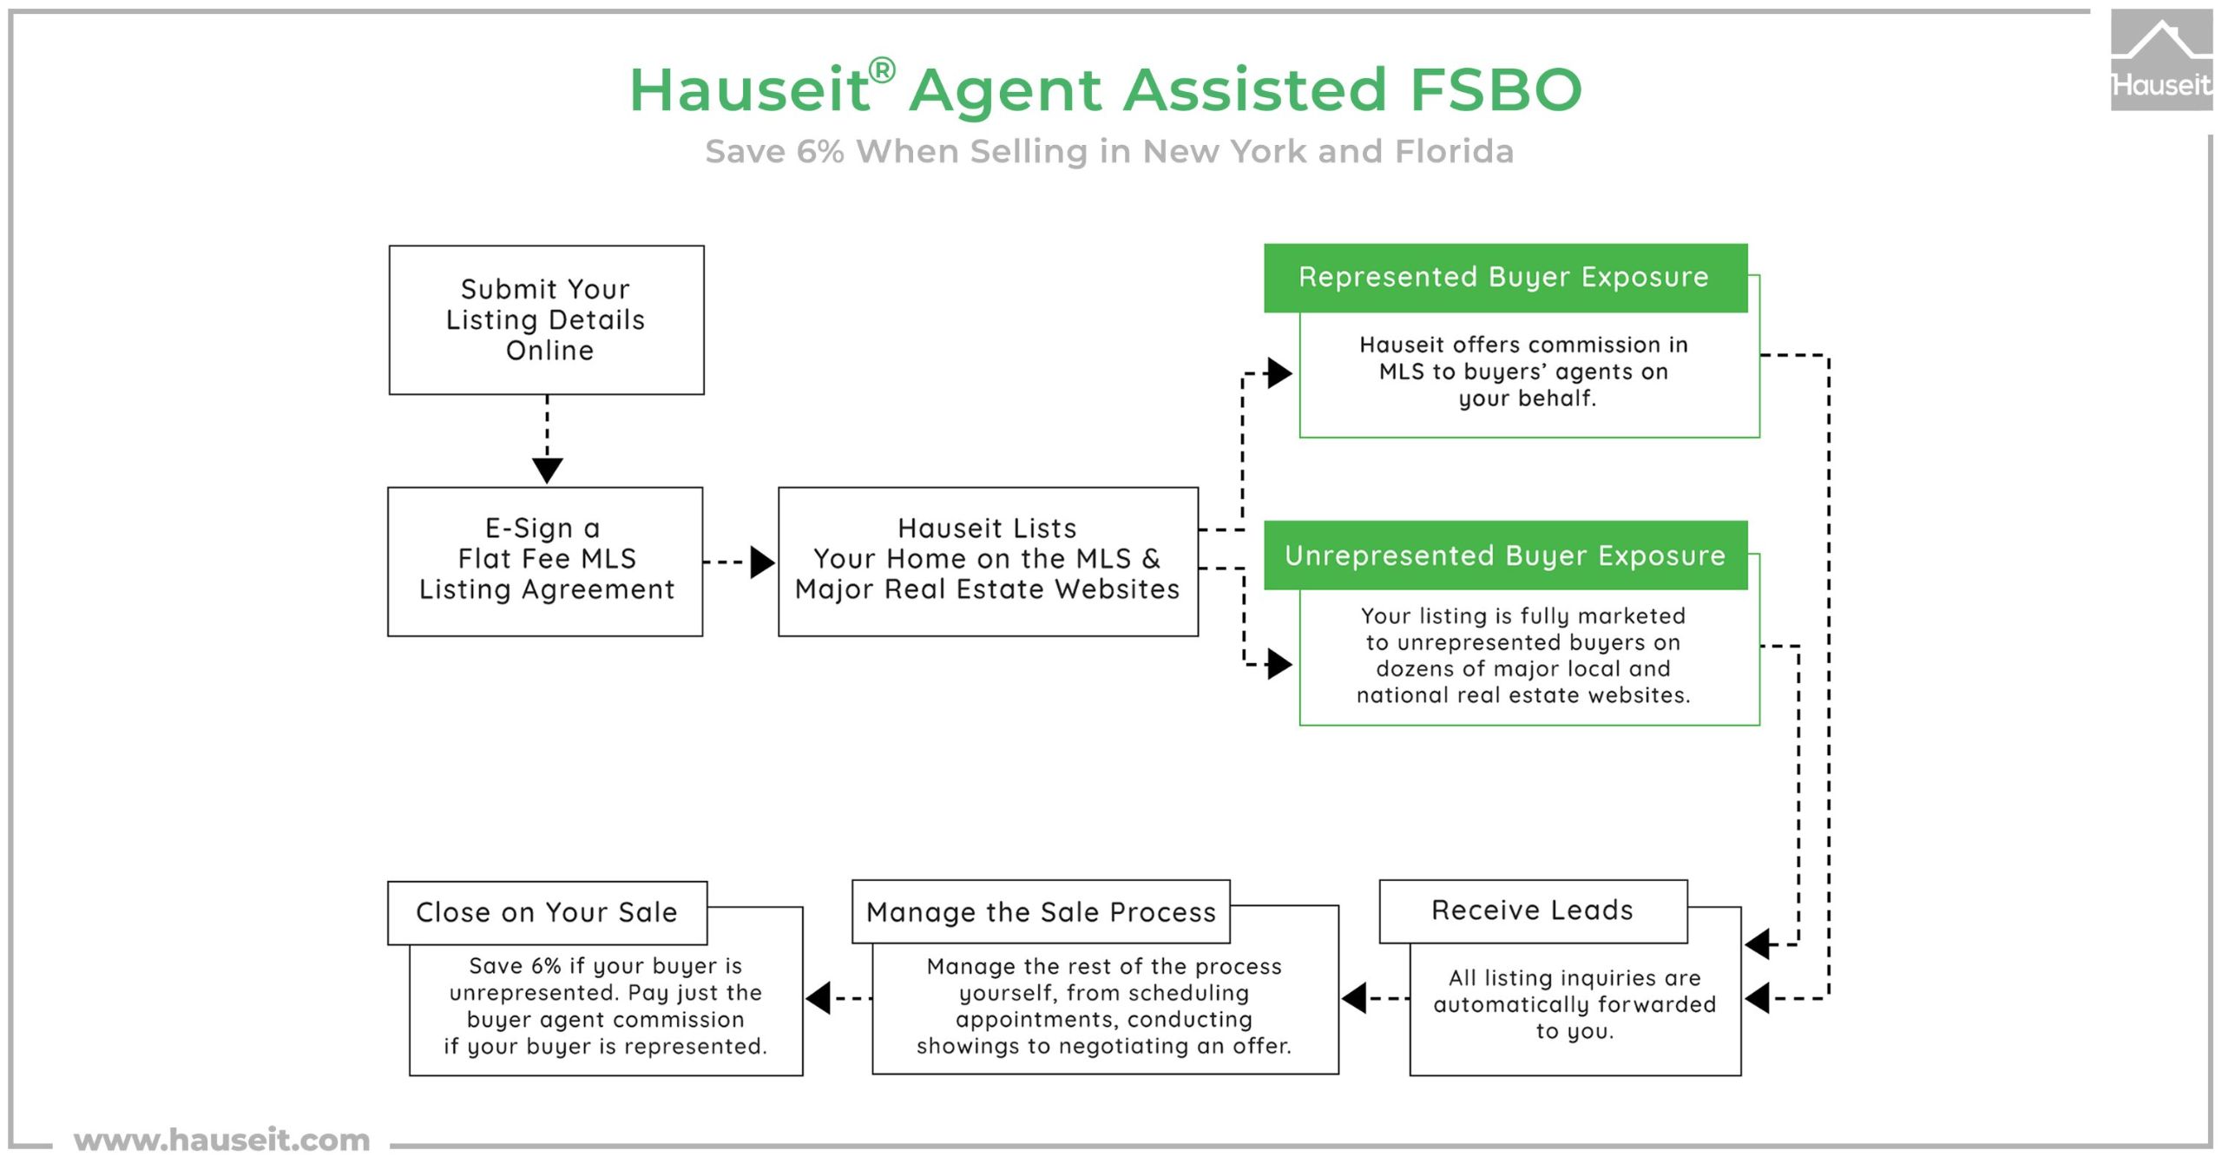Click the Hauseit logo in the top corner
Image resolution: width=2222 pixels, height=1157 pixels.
2161,61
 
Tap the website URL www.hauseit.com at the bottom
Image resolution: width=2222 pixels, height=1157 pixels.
222,1139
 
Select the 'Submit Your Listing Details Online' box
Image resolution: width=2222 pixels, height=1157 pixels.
546,320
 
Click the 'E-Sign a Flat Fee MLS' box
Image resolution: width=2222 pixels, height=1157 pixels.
545,562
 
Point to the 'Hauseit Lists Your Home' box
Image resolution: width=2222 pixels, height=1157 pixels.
988,562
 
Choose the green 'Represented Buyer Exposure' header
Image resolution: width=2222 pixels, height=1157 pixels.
1505,278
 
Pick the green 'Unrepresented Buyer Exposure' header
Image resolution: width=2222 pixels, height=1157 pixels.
1505,555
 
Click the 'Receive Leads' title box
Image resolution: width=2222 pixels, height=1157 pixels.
1533,911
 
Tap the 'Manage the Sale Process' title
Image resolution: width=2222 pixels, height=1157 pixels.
1041,912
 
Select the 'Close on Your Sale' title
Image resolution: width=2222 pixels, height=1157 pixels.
547,913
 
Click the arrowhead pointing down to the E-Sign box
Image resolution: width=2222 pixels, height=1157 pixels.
547,470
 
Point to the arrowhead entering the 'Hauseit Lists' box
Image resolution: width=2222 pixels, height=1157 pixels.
762,562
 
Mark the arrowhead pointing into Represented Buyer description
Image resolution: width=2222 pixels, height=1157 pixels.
1280,373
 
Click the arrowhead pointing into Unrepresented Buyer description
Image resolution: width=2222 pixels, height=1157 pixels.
1280,665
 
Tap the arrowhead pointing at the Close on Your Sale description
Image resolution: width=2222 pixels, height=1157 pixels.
818,998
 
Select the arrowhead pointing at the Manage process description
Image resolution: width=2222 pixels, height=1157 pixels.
1355,998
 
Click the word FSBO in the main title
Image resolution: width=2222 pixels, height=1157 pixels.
1496,89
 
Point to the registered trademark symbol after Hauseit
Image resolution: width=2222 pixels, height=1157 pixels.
882,70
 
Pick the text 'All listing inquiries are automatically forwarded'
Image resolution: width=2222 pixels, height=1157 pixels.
1574,991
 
